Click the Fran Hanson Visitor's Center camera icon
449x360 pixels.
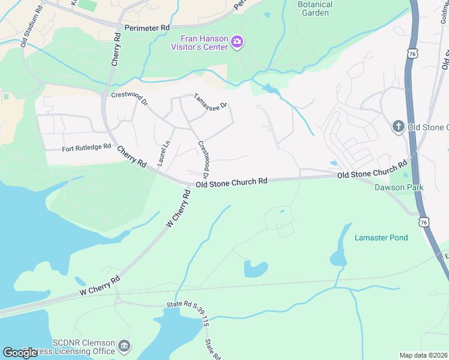(238, 41)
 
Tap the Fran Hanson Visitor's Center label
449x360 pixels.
(199, 42)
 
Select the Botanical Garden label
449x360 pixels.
(313, 8)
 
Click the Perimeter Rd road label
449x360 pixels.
(147, 28)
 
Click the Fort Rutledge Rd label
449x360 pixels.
(86, 146)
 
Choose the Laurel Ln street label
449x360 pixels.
(161, 153)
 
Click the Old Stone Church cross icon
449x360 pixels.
(397, 126)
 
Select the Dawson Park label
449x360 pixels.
(399, 187)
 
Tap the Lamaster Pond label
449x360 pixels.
(381, 238)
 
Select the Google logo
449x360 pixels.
(20, 353)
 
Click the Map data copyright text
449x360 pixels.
(423, 355)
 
